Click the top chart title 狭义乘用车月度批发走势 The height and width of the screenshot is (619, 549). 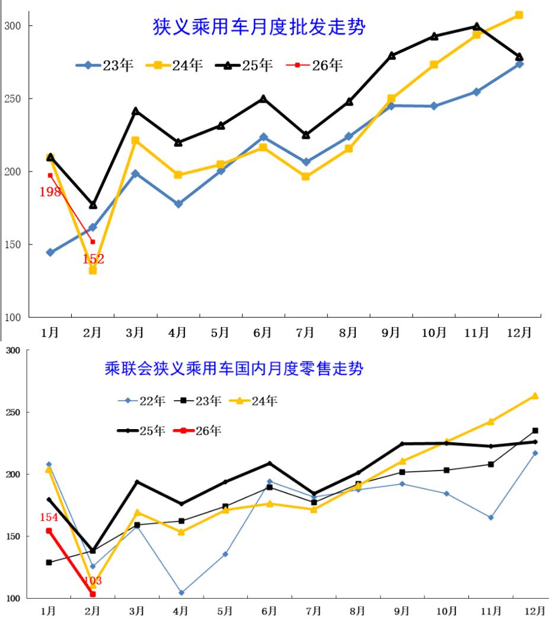click(258, 27)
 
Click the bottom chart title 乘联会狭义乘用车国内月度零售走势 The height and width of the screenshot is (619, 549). click(234, 369)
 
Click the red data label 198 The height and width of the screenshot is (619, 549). click(50, 192)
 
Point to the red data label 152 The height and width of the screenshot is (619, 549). click(93, 259)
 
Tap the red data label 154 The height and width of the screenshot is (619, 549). click(49, 518)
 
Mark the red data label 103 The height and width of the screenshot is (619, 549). click(93, 580)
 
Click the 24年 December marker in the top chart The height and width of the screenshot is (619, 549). click(519, 15)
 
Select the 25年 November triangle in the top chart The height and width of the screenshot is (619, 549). click(477, 26)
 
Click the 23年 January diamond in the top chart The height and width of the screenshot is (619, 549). click(50, 252)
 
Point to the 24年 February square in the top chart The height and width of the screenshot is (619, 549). click(92, 270)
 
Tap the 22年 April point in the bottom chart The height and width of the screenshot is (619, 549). click(181, 592)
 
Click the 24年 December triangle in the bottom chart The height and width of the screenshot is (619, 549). click(535, 395)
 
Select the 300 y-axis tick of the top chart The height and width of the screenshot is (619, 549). click(12, 26)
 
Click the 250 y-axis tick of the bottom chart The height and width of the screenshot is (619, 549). click(13, 412)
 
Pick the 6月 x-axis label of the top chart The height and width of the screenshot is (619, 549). click(263, 332)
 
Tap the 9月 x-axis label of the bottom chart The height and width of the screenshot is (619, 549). click(403, 610)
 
